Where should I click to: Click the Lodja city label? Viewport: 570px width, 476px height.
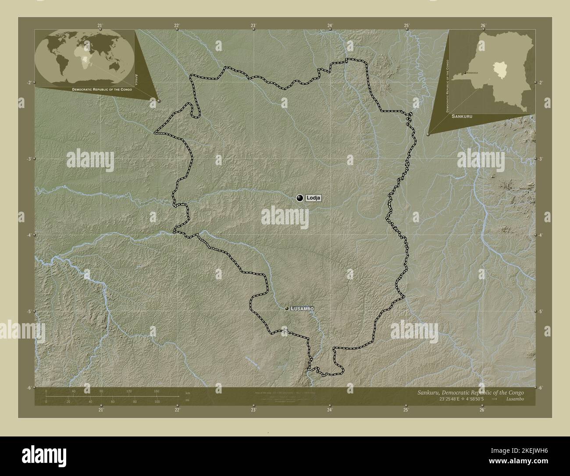point(313,198)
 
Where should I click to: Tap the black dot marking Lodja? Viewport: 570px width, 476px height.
point(300,198)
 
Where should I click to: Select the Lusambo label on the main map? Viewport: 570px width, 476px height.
point(302,309)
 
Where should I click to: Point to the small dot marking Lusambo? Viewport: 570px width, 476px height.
point(287,309)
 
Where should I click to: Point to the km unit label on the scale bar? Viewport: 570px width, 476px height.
point(188,393)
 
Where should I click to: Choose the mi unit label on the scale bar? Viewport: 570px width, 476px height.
point(188,400)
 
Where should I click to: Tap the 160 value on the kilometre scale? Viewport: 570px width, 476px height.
point(157,391)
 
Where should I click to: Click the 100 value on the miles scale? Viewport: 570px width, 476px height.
point(157,402)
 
